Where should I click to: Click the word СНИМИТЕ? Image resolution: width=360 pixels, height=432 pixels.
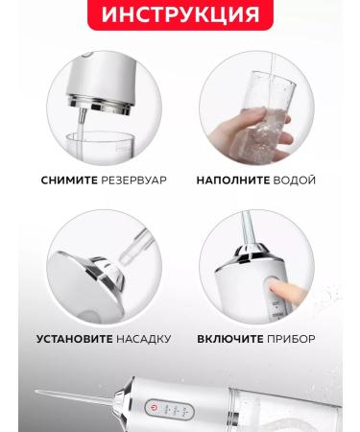[68, 180]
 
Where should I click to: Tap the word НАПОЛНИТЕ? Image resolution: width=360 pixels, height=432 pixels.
[231, 180]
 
